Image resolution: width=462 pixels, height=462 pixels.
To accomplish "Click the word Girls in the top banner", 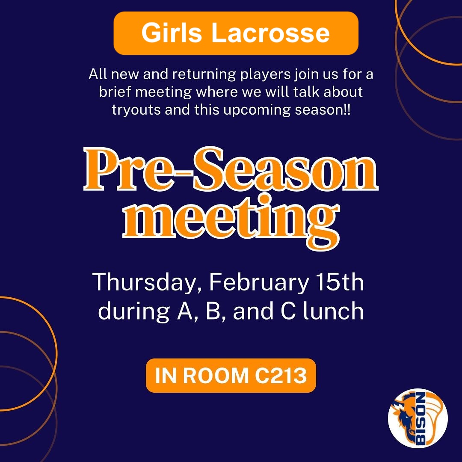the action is click(172, 33).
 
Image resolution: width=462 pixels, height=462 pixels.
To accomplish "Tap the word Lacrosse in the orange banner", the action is click(270, 33).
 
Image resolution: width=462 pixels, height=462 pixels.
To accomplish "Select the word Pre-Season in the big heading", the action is click(231, 169).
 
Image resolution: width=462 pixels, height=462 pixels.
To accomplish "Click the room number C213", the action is click(281, 376).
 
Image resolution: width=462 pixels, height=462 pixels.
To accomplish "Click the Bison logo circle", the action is click(418, 418).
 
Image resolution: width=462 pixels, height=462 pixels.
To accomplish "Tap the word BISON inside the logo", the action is click(421, 418).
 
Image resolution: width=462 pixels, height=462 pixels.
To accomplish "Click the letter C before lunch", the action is click(288, 311).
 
